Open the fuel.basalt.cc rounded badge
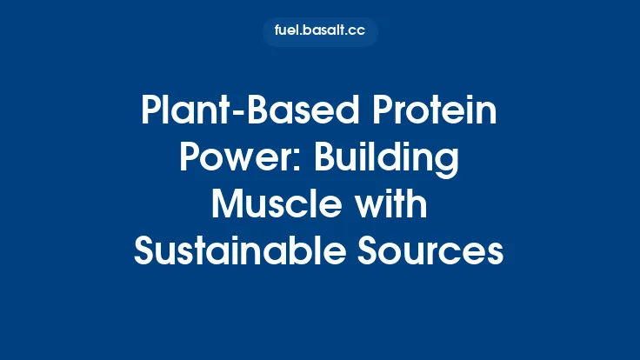(319, 31)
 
